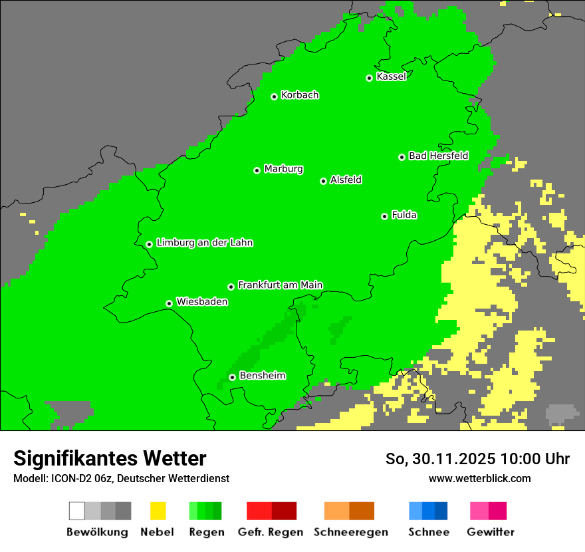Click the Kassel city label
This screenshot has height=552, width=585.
391,76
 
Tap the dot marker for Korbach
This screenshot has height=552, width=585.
274,96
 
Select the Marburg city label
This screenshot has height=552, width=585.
283,169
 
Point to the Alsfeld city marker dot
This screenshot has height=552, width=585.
323,181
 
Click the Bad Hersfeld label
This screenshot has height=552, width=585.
438,156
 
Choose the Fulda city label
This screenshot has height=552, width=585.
404,215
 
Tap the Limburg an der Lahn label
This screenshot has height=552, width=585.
204,243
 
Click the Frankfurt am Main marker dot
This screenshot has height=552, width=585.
231,287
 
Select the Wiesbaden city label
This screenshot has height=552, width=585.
202,302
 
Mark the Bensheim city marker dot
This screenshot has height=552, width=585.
232,377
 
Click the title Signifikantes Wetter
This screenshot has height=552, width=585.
110,458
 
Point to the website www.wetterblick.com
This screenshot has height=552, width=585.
479,478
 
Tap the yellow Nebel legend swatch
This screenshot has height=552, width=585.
158,511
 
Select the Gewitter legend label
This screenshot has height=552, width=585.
490,532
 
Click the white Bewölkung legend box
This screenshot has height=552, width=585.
77,511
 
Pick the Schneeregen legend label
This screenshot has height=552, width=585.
350,532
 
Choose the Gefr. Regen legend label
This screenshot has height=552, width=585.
271,532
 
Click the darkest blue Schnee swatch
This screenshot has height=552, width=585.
441,511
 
